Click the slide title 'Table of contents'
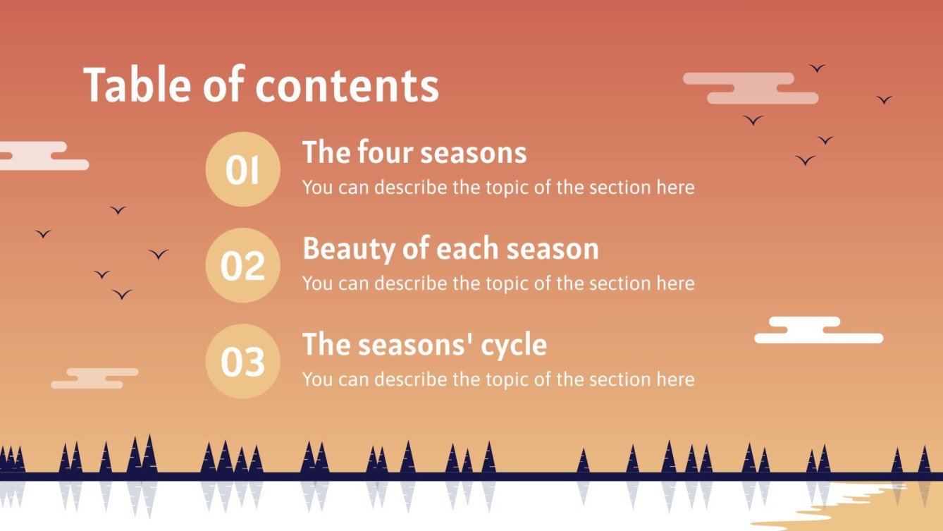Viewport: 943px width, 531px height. [x=261, y=86]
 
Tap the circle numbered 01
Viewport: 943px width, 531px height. [x=242, y=169]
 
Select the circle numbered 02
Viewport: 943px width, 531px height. [x=242, y=265]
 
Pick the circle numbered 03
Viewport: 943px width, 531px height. [x=242, y=361]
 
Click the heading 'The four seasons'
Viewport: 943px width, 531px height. [x=414, y=153]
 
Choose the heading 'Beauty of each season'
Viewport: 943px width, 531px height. [x=450, y=249]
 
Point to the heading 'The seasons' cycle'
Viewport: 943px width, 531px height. [x=424, y=345]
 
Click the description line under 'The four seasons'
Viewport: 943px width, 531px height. [x=498, y=188]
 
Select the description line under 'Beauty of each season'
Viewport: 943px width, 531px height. [x=498, y=283]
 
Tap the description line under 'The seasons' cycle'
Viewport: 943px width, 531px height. [x=498, y=379]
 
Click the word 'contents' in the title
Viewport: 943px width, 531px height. [x=347, y=86]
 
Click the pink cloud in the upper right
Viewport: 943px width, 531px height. [x=751, y=88]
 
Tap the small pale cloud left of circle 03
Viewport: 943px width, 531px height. [x=94, y=378]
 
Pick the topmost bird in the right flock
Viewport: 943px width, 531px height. [x=817, y=68]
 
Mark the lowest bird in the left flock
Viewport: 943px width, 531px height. [x=122, y=294]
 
